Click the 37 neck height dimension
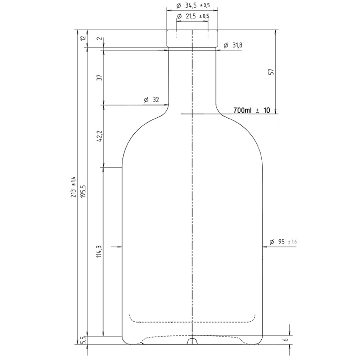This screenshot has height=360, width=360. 100,78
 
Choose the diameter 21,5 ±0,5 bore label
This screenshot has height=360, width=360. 193,16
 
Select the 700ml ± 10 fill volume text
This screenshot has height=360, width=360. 252,110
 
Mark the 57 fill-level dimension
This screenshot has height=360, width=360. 271,72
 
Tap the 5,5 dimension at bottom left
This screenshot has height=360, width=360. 83,340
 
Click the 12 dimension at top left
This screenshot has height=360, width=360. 83,38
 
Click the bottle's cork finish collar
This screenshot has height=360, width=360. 193,39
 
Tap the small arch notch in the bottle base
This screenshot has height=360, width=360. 193,341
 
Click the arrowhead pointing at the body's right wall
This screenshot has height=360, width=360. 266,249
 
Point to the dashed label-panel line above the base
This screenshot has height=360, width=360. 193,321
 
